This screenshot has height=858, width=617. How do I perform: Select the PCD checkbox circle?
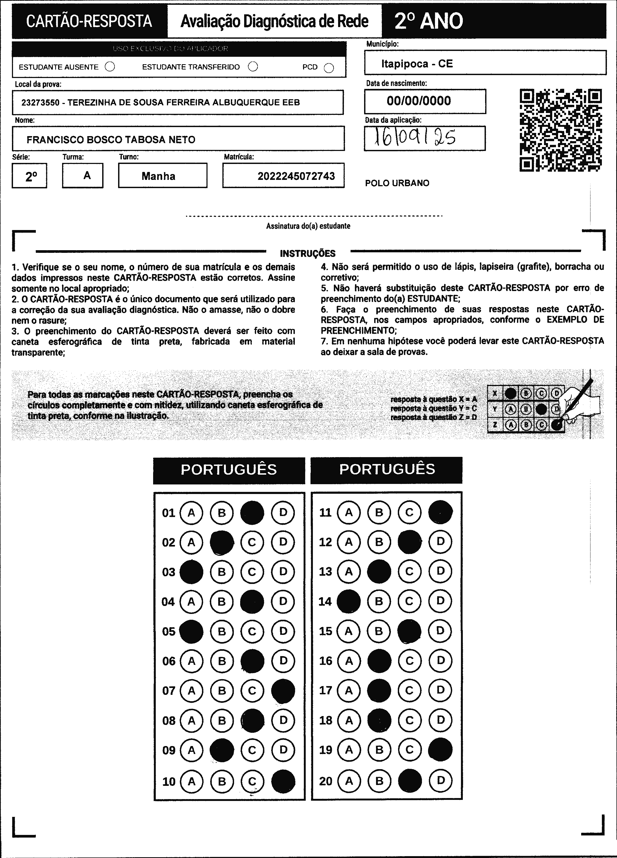click(329, 68)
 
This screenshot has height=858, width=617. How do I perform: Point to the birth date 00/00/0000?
click(419, 101)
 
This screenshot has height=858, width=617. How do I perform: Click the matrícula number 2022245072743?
click(296, 176)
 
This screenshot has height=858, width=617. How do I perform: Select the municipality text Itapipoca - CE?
click(417, 64)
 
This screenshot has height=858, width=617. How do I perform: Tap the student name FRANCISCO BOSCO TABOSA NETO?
click(111, 140)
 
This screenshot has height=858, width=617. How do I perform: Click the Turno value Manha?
click(158, 176)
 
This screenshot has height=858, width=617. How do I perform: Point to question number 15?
click(325, 631)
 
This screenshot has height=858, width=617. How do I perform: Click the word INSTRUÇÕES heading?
click(308, 253)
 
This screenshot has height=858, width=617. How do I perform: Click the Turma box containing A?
click(83, 176)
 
